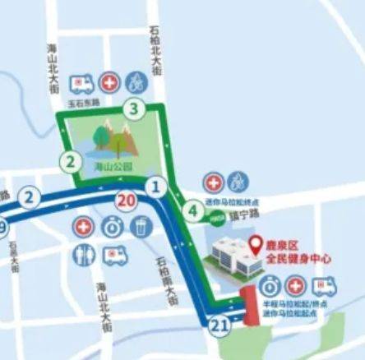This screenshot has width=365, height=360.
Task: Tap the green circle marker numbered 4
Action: pos(193,211)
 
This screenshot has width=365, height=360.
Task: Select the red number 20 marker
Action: pos(126,200)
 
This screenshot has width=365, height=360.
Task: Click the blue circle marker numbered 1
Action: pos(153,188)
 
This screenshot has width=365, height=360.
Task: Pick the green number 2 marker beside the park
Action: pos(72,161)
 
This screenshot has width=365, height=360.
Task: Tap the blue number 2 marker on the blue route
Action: pos(29,197)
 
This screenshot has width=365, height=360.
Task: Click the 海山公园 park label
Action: pos(105,165)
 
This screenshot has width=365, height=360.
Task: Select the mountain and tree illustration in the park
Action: pos(113,138)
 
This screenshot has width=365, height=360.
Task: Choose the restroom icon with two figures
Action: pos(83,255)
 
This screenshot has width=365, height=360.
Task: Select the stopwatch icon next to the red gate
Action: pos(269,286)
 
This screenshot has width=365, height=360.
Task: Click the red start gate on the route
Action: pos(247,307)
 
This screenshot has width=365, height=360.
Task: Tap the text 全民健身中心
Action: pos(298,258)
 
